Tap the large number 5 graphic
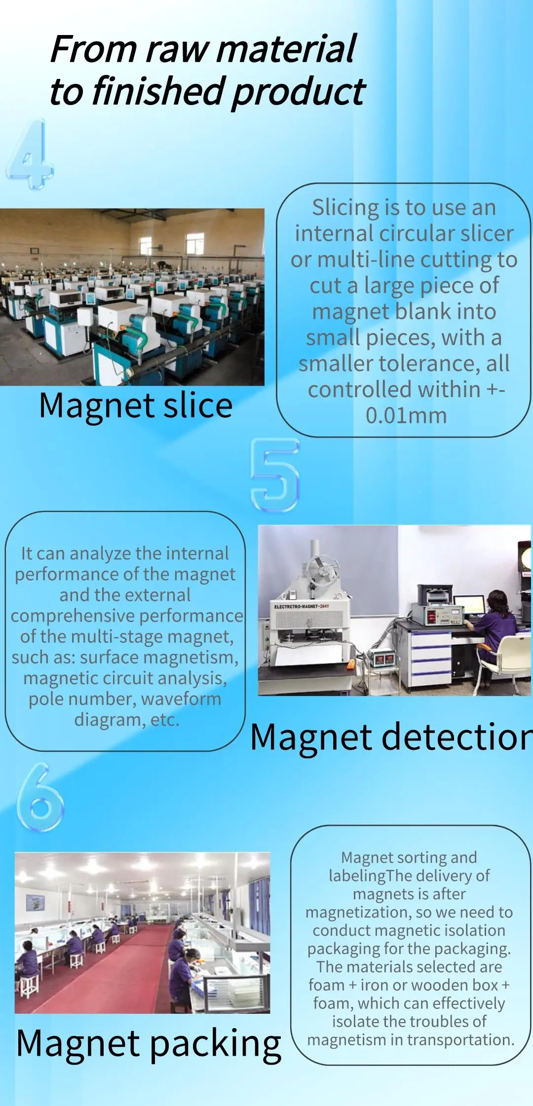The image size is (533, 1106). [275, 475]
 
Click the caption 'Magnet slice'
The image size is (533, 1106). [136, 406]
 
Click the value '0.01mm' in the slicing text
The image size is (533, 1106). [406, 415]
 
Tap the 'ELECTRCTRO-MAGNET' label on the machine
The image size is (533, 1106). [302, 606]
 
